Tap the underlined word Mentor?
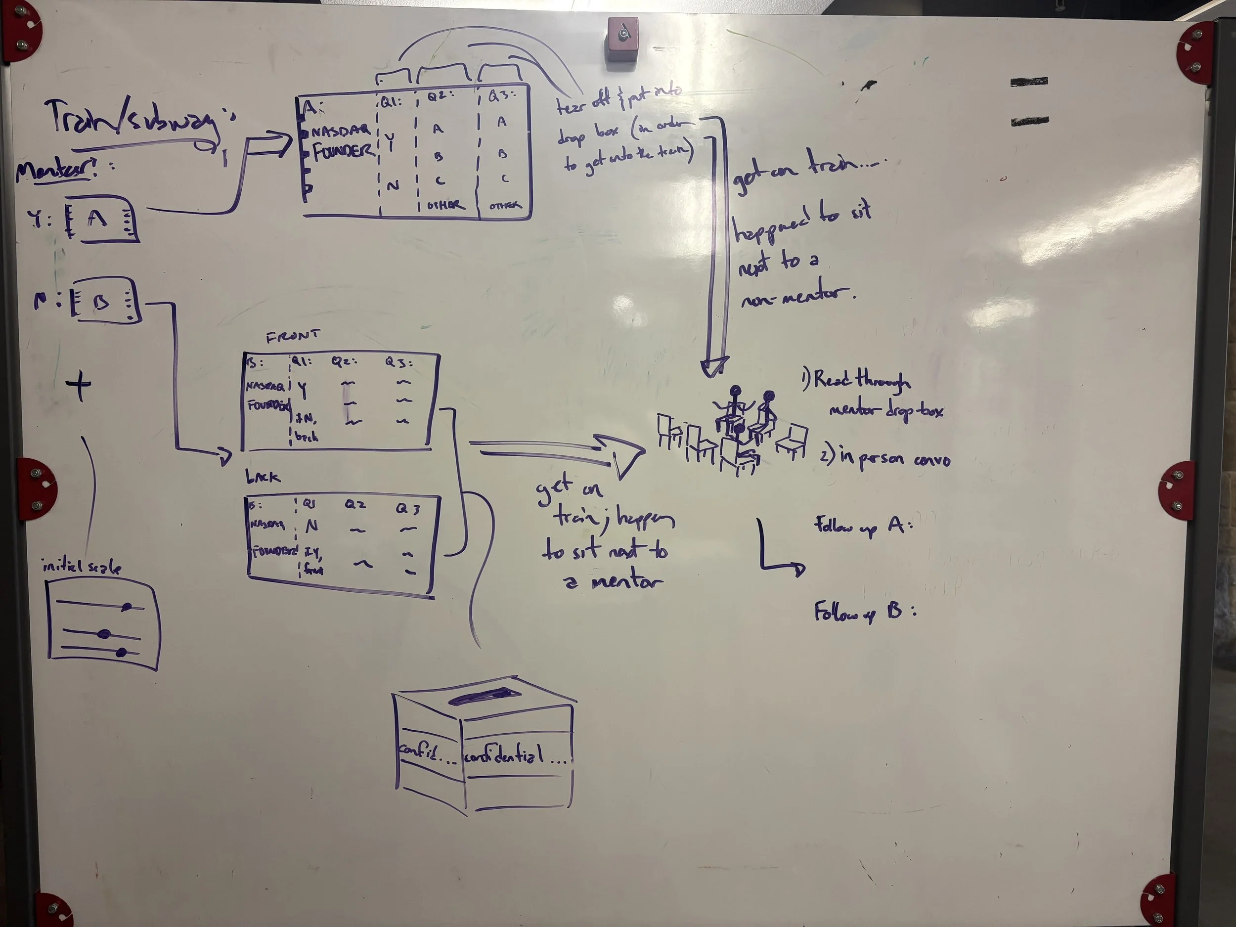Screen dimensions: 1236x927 [x=56, y=168]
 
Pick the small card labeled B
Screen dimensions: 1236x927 [x=104, y=302]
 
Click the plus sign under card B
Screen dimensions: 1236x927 [x=79, y=386]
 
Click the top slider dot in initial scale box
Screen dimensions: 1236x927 [x=127, y=607]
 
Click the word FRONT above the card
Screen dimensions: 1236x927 [x=293, y=336]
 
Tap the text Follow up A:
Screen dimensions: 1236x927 [x=863, y=525]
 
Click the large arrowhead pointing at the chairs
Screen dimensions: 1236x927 [x=622, y=453]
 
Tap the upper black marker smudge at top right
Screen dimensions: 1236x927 [x=1029, y=82]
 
